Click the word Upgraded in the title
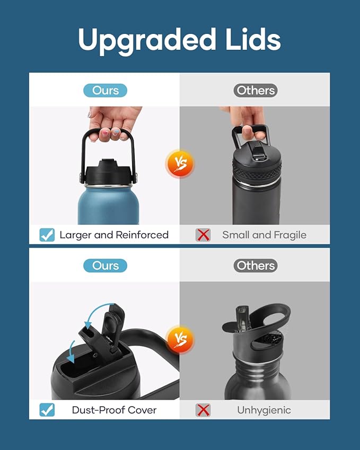pyautogui.click(x=147, y=40)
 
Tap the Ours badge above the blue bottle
pyautogui.click(x=105, y=91)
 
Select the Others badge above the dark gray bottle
pyautogui.click(x=256, y=91)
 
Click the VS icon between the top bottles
pyautogui.click(x=180, y=164)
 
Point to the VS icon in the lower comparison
pyautogui.click(x=180, y=340)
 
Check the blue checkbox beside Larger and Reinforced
pyautogui.click(x=47, y=235)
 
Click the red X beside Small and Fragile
pyautogui.click(x=203, y=235)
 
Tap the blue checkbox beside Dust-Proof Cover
pyautogui.click(x=47, y=410)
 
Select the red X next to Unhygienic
pyautogui.click(x=203, y=410)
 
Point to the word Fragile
pyautogui.click(x=290, y=235)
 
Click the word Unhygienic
pyautogui.click(x=264, y=410)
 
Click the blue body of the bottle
pyautogui.click(x=109, y=205)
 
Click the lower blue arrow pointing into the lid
pyautogui.click(x=71, y=352)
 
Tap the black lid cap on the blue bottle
pyautogui.click(x=109, y=173)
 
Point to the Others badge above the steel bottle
pyautogui.click(x=256, y=266)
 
